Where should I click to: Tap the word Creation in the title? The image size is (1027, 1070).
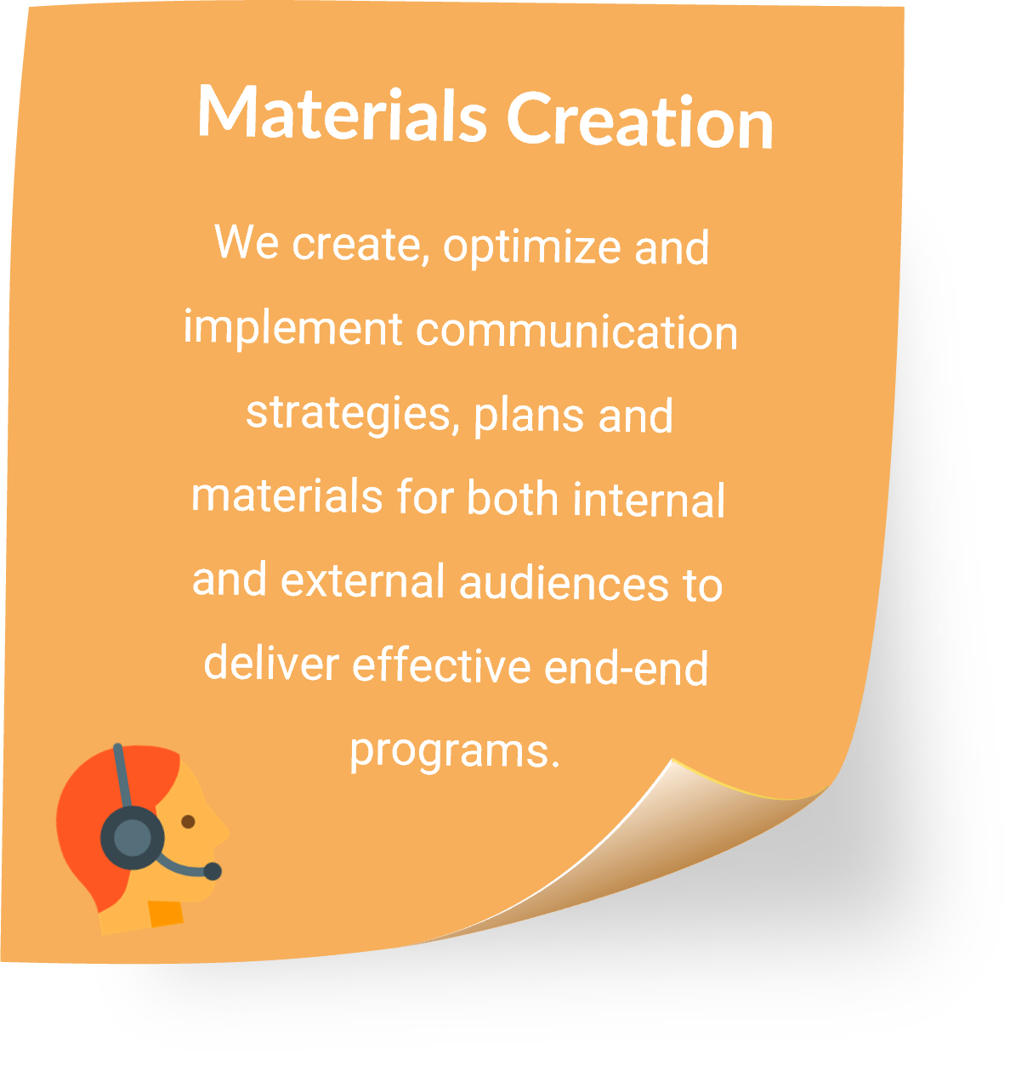(639, 121)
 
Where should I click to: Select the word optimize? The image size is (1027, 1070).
(532, 248)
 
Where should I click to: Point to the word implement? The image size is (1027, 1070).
(292, 330)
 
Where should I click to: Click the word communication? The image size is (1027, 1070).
(576, 332)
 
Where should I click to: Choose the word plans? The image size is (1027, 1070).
(528, 416)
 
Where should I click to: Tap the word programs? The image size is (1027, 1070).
(455, 752)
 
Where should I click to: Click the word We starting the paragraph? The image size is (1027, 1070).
(247, 242)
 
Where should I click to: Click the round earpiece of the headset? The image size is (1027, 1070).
(132, 838)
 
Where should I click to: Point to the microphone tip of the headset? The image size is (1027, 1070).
(213, 871)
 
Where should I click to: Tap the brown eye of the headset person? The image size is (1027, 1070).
(188, 822)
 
